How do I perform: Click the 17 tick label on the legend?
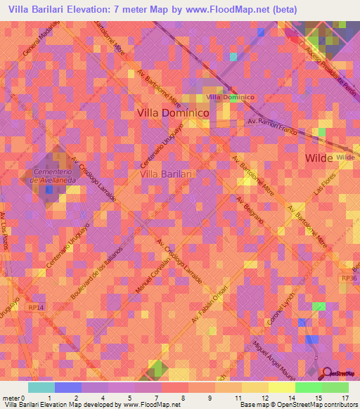345,398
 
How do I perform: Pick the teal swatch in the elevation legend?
41,387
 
